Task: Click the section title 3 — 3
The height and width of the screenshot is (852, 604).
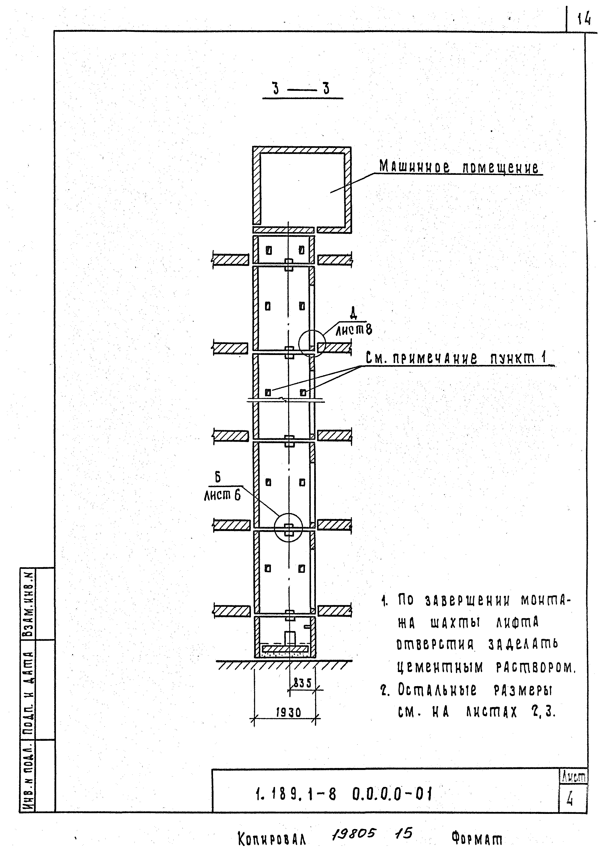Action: [x=302, y=89]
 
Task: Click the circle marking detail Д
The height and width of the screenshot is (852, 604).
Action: [x=312, y=343]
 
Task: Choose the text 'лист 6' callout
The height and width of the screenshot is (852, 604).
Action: [x=222, y=495]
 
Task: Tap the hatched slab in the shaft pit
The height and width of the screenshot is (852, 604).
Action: [x=285, y=649]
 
